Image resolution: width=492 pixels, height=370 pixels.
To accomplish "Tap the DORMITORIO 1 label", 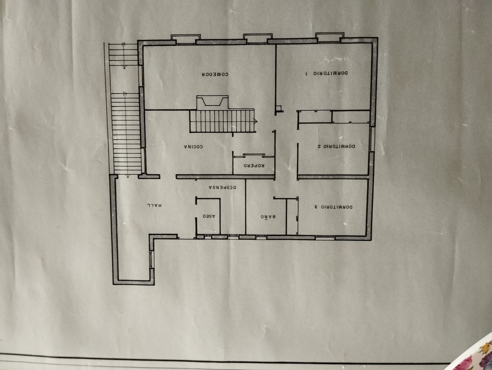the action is pyautogui.click(x=327, y=73).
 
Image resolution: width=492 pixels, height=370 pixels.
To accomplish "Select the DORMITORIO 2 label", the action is pyautogui.click(x=337, y=147).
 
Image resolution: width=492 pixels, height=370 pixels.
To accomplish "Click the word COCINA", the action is pyautogui.click(x=193, y=147).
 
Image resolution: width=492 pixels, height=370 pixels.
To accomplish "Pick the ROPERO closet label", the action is pyautogui.click(x=254, y=165).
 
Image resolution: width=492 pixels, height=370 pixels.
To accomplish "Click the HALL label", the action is pyautogui.click(x=154, y=205).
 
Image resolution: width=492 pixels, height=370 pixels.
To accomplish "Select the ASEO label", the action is pyautogui.click(x=209, y=217).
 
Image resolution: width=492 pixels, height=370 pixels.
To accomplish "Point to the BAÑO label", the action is pyautogui.click(x=268, y=217).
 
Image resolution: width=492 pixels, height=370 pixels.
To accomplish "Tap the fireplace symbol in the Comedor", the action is pyautogui.click(x=212, y=102).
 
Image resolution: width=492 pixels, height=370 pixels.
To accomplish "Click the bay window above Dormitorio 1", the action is pyautogui.click(x=330, y=37).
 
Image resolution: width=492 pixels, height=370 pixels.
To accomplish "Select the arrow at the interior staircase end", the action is pyautogui.click(x=256, y=122).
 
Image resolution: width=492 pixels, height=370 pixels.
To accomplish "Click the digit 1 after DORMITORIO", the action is pyautogui.click(x=307, y=73).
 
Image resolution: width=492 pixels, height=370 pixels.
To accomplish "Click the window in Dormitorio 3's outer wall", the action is pyautogui.click(x=325, y=237).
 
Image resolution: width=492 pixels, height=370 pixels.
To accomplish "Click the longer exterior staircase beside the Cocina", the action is pyautogui.click(x=127, y=133).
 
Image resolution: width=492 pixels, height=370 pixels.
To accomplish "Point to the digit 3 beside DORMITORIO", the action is pyautogui.click(x=316, y=207).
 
